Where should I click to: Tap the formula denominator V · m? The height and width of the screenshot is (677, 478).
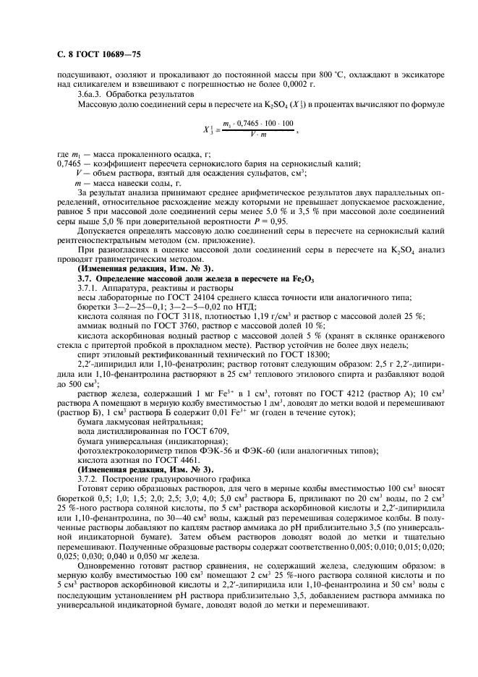(x=257, y=135)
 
